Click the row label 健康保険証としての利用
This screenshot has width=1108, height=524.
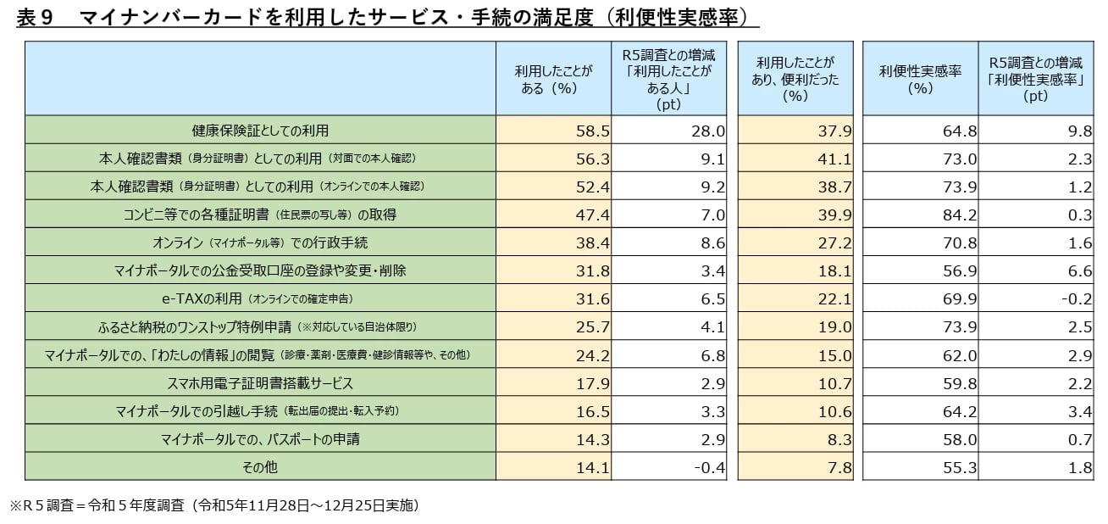(260, 131)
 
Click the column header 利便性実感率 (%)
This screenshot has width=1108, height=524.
(920, 79)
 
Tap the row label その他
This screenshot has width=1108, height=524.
(260, 467)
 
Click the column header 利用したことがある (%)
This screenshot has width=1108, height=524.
(553, 79)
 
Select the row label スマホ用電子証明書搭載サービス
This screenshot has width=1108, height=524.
(260, 383)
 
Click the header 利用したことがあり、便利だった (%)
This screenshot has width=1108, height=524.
(795, 79)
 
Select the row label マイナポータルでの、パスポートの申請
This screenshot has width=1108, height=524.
(260, 439)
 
